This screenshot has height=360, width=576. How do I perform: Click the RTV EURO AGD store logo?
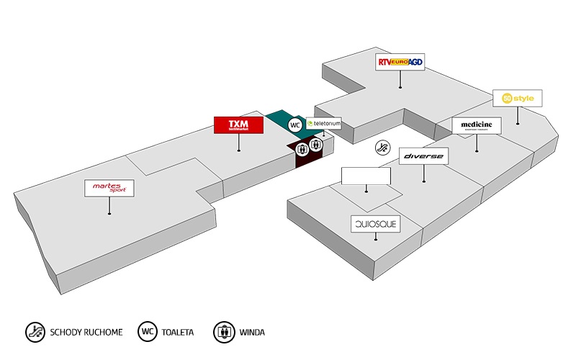pyautogui.click(x=400, y=63)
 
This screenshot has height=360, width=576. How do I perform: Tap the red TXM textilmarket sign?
pyautogui.click(x=238, y=125)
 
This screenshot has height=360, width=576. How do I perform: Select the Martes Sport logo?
pyautogui.click(x=109, y=188)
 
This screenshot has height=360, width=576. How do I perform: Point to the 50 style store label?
pyautogui.click(x=517, y=98)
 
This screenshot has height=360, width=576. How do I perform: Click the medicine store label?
pyautogui.click(x=477, y=125)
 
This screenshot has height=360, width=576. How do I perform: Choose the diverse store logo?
pyautogui.click(x=424, y=156)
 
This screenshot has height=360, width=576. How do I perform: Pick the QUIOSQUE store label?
pyautogui.click(x=374, y=224)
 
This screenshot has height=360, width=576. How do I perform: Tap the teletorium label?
pyautogui.click(x=323, y=124)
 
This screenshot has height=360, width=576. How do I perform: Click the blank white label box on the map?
pyautogui.click(x=366, y=176)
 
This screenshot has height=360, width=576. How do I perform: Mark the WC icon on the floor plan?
pyautogui.click(x=294, y=125)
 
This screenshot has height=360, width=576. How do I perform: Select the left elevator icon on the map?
pyautogui.click(x=302, y=148)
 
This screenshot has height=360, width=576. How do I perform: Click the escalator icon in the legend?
pyautogui.click(x=33, y=332)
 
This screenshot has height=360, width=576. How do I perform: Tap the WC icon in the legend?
pyautogui.click(x=149, y=332)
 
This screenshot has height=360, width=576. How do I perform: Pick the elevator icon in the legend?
pyautogui.click(x=224, y=332)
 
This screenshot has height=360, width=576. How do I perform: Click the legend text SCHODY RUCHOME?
pyautogui.click(x=86, y=333)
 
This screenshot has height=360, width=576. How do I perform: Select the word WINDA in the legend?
pyautogui.click(x=252, y=333)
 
